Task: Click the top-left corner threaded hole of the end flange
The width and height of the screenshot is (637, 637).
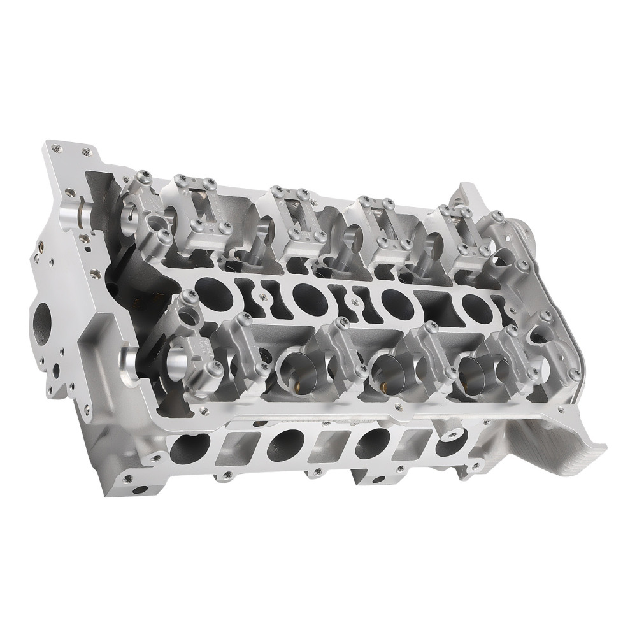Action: pos(55,148)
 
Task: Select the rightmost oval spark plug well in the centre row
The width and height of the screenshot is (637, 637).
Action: pos(474,305)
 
